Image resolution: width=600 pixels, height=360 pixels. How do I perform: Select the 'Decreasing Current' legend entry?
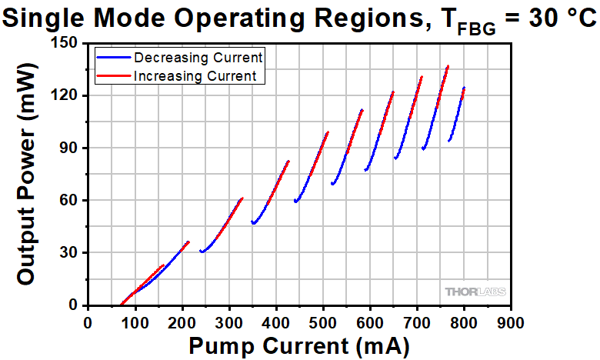(x=198, y=57)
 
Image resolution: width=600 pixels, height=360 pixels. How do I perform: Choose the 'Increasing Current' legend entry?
(x=199, y=75)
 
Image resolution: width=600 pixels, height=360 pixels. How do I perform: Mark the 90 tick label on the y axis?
(x=69, y=148)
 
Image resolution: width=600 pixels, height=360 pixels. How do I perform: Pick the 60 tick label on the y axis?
(x=69, y=200)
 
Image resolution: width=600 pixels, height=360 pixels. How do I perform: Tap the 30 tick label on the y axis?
(x=69, y=252)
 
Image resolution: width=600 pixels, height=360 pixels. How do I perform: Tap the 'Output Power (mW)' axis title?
(x=26, y=173)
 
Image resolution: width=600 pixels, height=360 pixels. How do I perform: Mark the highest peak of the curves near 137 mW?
(x=448, y=66)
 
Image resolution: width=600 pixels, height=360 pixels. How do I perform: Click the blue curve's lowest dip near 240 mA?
(x=202, y=252)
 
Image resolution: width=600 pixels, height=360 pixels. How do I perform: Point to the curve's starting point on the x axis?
(x=121, y=305)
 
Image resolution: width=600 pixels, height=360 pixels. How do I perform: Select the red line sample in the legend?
(x=113, y=75)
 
